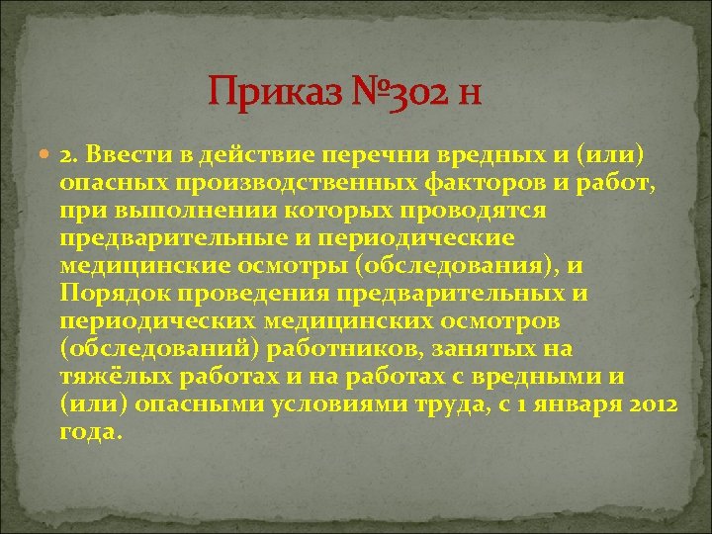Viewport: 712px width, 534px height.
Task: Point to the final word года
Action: click(89, 432)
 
